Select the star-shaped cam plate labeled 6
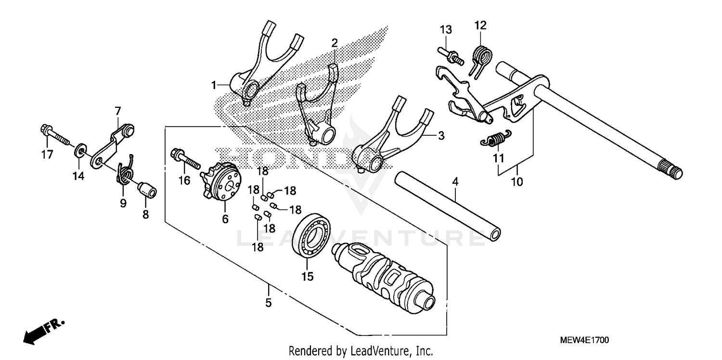[x=222, y=183]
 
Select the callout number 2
[x=335, y=42]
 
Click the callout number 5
[x=268, y=303]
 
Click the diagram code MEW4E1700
[x=584, y=340]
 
